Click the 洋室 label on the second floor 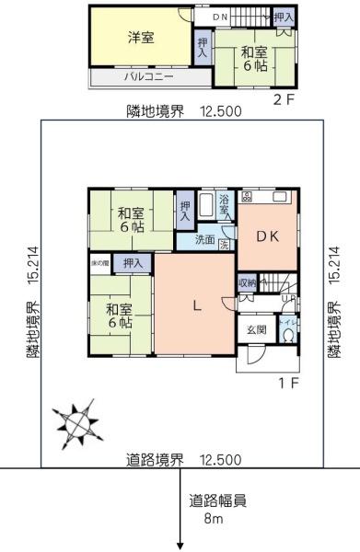pos(140,38)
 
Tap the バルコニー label pos(149,77)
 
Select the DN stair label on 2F pos(220,17)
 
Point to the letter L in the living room pos(195,307)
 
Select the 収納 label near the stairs pos(246,282)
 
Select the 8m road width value pos(214,520)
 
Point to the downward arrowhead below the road pos(180,541)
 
